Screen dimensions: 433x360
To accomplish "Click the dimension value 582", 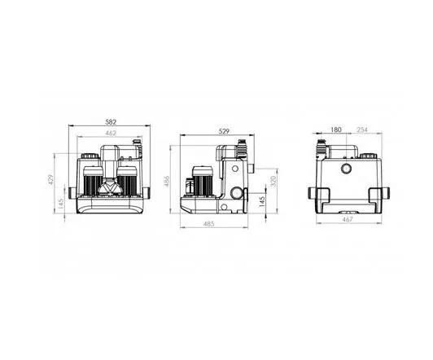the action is tap(111, 122).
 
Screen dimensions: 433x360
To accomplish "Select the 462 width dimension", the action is tap(111, 133).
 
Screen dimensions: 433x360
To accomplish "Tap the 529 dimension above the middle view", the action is tap(224, 131).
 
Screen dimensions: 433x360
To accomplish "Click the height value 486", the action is tap(167, 181).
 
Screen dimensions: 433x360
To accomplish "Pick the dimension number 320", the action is tap(273, 181).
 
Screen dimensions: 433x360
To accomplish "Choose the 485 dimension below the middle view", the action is tap(208, 224).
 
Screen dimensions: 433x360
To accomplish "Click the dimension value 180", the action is tap(336, 130).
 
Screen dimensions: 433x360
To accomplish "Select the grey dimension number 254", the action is tap(362, 130).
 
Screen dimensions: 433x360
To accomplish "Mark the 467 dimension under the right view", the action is tap(348, 219).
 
